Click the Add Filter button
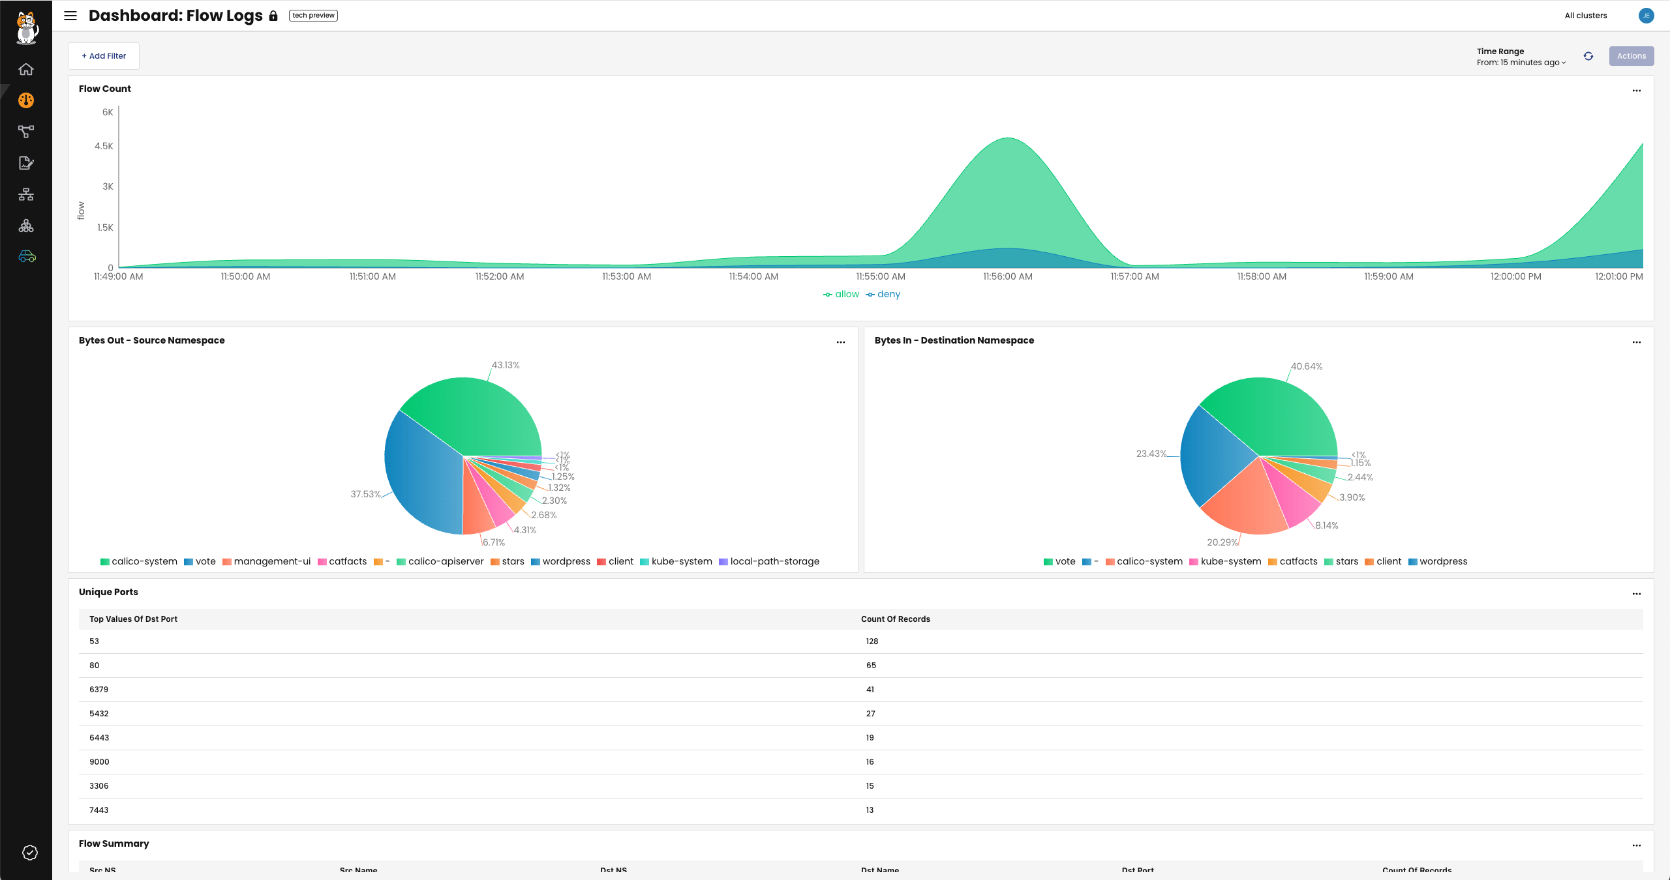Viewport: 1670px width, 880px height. tap(104, 56)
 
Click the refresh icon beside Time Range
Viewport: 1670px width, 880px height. tap(1588, 56)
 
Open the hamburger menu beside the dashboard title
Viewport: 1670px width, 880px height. tap(70, 16)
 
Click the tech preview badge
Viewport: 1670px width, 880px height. tap(313, 16)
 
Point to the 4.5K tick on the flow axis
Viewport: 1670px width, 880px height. tap(104, 146)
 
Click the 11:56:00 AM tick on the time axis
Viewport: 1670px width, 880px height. tap(1007, 276)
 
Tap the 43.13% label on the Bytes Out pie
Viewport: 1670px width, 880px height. tap(506, 365)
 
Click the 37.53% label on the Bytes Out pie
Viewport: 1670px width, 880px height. tap(365, 494)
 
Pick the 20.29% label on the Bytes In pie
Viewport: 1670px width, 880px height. tap(1222, 542)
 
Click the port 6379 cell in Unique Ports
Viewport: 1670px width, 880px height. tap(99, 690)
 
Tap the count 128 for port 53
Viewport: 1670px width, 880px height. tap(872, 641)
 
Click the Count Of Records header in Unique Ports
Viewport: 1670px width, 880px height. tap(895, 619)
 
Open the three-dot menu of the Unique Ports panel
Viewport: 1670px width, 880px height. tap(1636, 594)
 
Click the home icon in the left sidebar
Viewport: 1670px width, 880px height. tap(26, 69)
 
